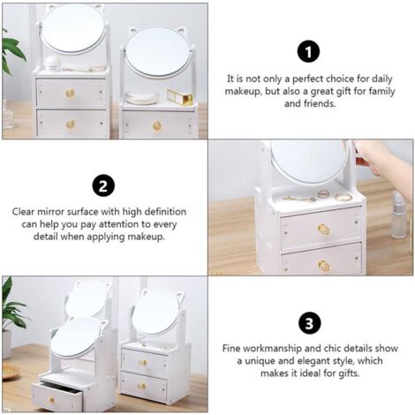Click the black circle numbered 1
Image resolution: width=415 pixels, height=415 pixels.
click(308, 52)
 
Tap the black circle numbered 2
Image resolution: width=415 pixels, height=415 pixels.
click(103, 186)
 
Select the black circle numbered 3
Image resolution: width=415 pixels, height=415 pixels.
click(309, 323)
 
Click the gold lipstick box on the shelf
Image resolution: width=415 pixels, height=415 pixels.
click(180, 96)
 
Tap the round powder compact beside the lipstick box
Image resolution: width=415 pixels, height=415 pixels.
click(142, 98)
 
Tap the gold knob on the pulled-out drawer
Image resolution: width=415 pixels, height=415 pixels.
click(52, 400)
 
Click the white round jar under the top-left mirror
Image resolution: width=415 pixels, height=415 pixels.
click(52, 64)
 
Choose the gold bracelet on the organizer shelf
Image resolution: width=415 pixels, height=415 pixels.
click(343, 197)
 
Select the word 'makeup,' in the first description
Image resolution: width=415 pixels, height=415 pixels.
click(243, 92)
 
